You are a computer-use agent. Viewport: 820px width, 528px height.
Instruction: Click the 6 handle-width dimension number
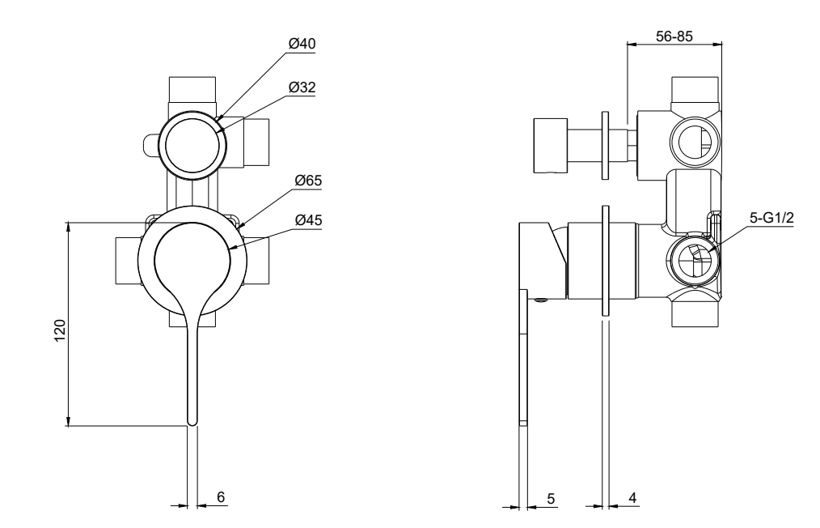pos(221,497)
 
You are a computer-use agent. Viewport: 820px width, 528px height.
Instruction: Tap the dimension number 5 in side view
pos(551,498)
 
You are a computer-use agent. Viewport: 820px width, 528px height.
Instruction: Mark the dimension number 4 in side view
pos(632,498)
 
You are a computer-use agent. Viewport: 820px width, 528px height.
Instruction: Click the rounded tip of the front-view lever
pos(192,419)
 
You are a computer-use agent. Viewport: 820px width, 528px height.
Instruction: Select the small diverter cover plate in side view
pos(606,146)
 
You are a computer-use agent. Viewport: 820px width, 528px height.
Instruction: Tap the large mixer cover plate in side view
pos(605,261)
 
